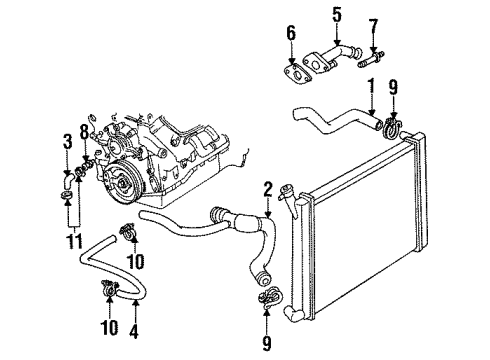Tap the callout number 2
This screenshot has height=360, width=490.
click(x=268, y=189)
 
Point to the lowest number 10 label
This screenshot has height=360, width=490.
click(x=109, y=326)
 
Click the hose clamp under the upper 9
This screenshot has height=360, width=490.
click(x=394, y=127)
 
